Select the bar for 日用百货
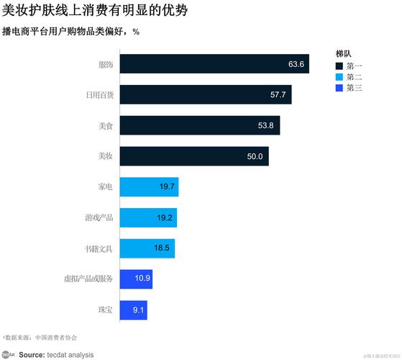[205, 94]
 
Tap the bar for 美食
[199, 125]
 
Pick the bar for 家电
[149, 186]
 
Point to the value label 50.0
[255, 156]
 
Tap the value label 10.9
[142, 279]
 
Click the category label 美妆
[105, 156]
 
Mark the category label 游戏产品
[99, 217]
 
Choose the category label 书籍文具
[99, 248]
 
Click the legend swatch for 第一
[339, 66]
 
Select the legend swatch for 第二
[339, 76]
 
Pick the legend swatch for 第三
[339, 87]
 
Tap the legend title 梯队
[343, 54]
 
